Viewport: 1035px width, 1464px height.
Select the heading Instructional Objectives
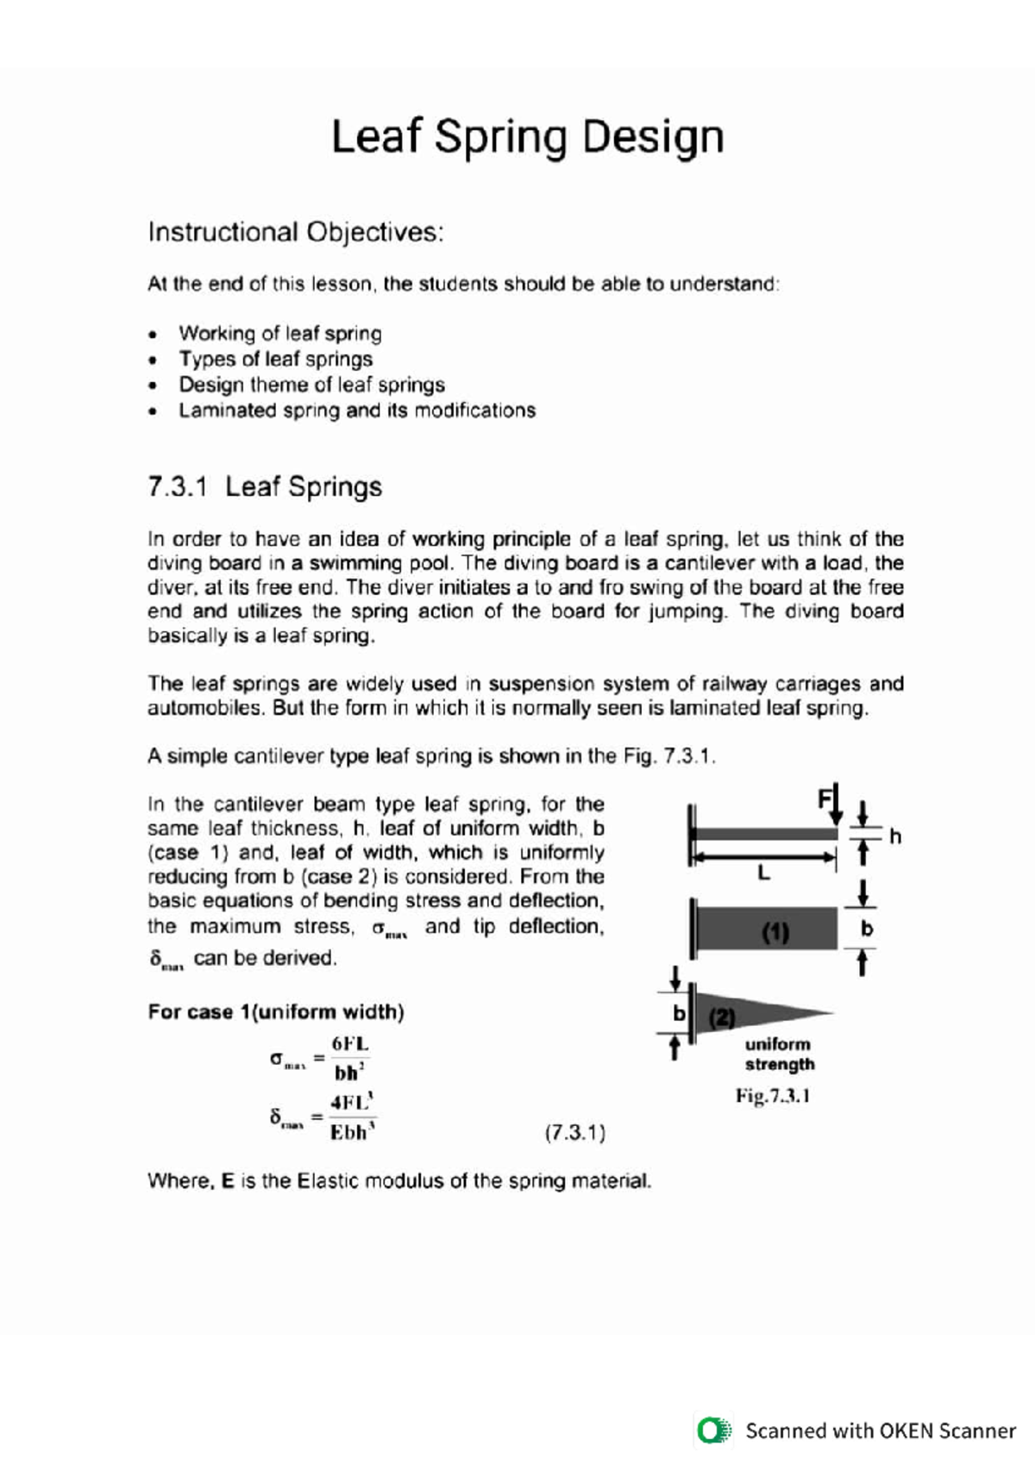tap(295, 233)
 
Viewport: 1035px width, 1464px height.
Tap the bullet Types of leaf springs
tap(275, 359)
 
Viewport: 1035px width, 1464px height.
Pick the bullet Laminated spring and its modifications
tap(356, 410)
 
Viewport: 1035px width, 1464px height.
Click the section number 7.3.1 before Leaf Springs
tap(178, 487)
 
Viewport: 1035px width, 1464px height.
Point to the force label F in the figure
tap(825, 798)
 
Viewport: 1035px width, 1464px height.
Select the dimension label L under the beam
tap(763, 873)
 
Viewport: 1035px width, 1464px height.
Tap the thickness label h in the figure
tap(895, 836)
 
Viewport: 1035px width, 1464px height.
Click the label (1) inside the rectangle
tap(775, 932)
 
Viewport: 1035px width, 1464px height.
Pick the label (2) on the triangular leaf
tap(722, 1017)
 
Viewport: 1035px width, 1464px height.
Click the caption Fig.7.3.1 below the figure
tap(772, 1096)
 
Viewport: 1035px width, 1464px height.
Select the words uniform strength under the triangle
tap(779, 1054)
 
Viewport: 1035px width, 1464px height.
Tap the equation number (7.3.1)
tap(574, 1132)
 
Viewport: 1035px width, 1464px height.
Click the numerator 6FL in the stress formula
tap(349, 1044)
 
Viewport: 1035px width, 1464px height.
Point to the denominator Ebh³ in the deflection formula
tap(352, 1132)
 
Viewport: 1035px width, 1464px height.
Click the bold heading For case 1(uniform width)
tap(275, 1011)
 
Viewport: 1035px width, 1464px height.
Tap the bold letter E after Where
tap(227, 1180)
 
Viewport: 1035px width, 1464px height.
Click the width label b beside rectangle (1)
tap(867, 929)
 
